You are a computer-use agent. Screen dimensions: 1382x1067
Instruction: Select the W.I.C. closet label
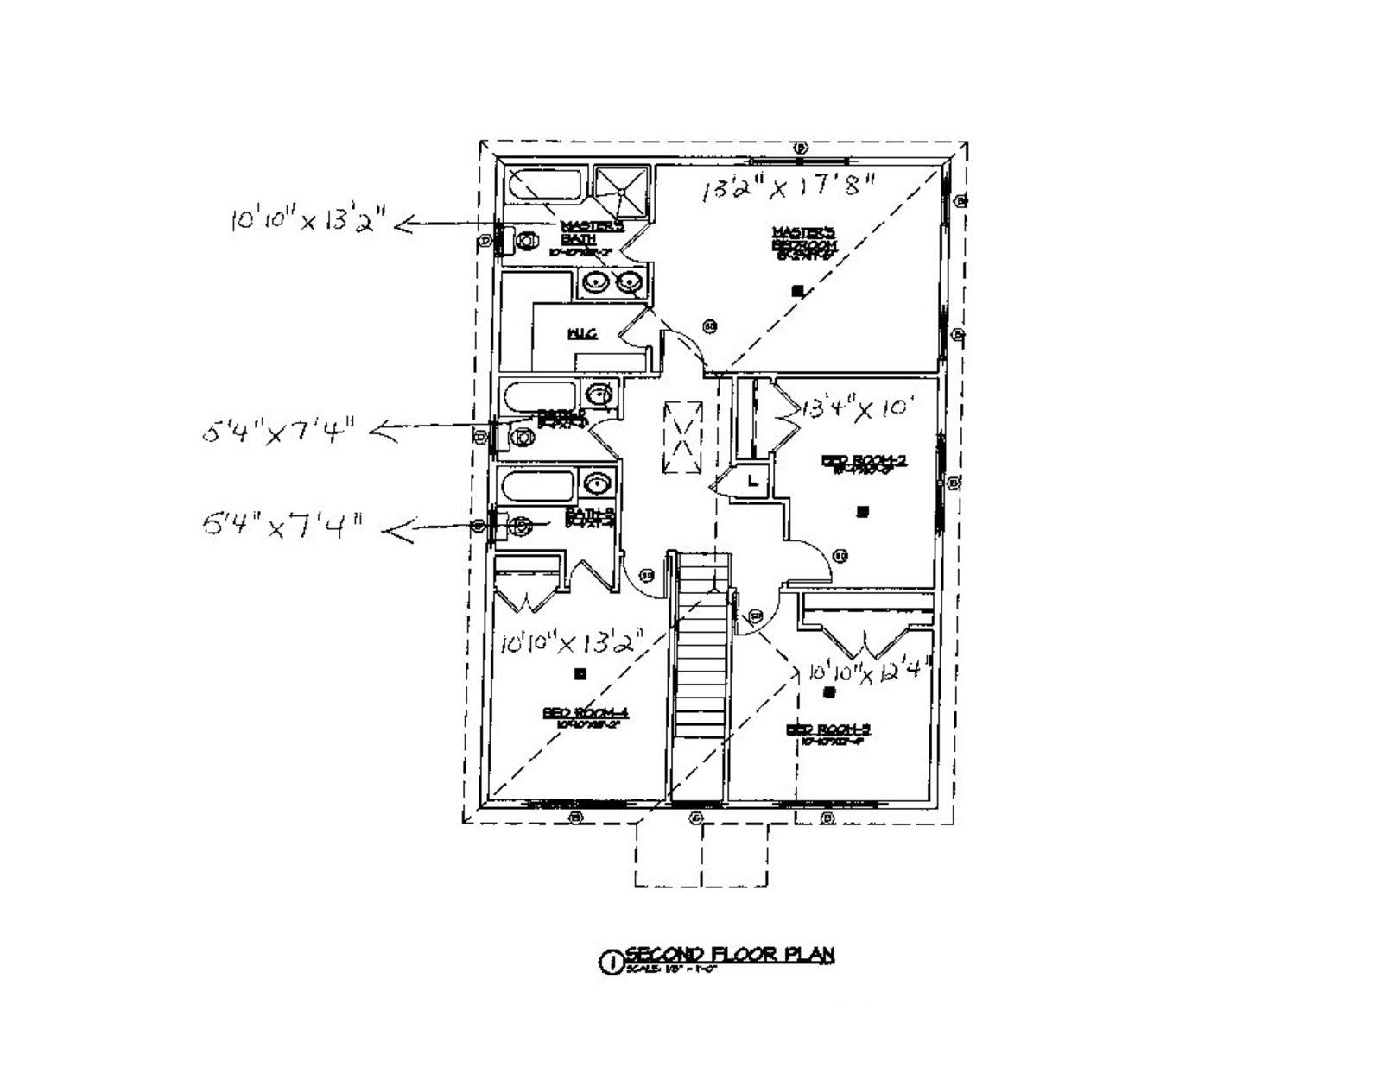[x=581, y=334]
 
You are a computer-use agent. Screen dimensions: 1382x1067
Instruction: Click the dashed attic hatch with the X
[x=682, y=438]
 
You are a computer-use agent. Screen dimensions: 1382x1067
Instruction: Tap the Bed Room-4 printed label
[x=585, y=716]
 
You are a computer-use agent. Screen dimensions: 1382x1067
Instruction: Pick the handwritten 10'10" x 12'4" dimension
[x=869, y=671]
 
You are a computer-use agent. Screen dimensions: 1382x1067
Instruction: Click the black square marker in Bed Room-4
[x=580, y=672]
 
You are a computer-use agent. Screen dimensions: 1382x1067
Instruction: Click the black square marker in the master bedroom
[x=797, y=291]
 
